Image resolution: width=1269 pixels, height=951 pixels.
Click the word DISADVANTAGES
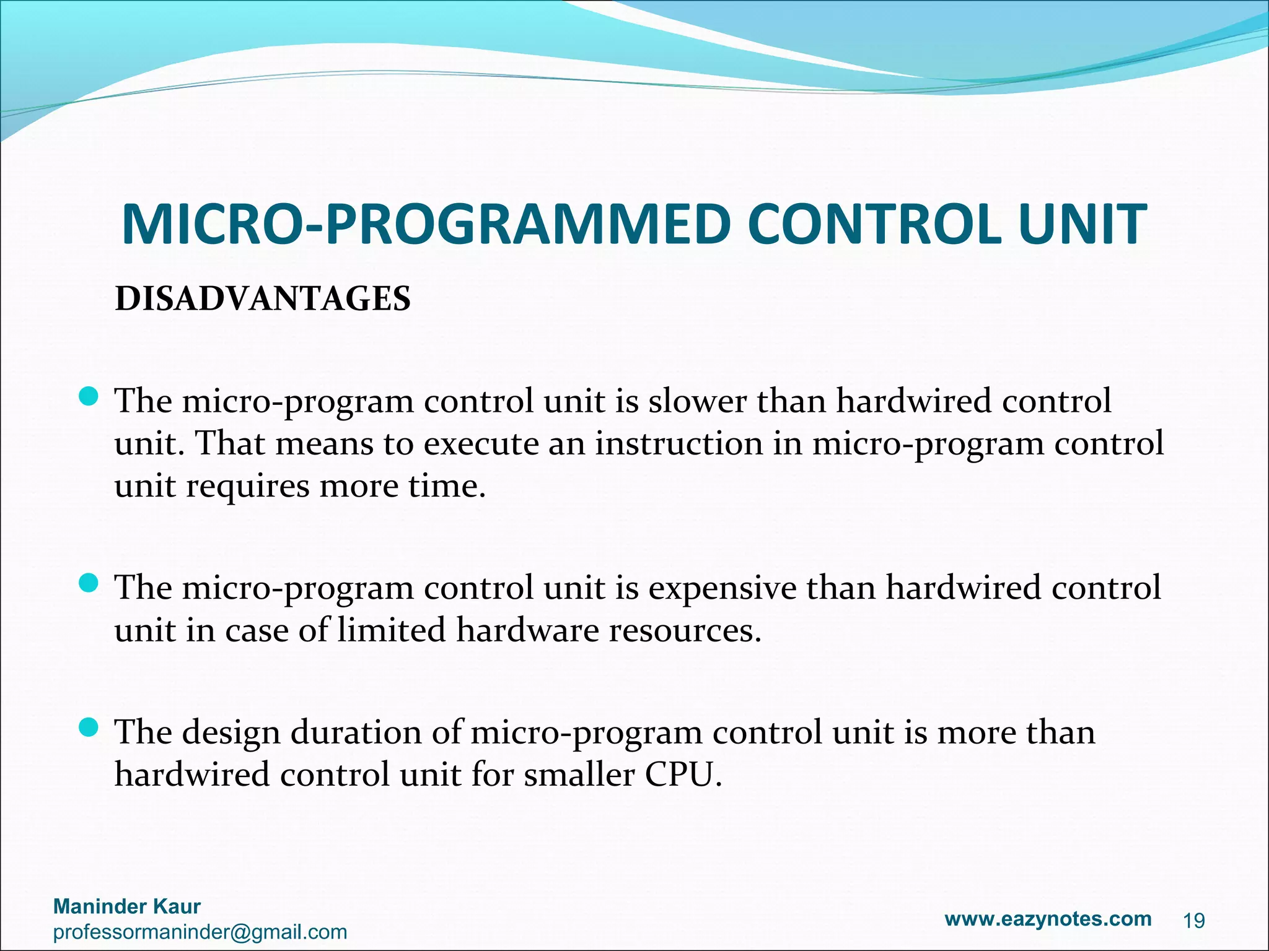[263, 299]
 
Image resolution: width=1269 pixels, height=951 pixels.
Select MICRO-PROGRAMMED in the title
[427, 224]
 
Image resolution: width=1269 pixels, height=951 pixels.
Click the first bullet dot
[89, 396]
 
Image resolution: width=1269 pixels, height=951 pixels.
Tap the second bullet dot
[89, 583]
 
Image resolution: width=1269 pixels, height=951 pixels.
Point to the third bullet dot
[89, 727]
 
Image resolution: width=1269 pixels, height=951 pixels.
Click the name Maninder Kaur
[127, 906]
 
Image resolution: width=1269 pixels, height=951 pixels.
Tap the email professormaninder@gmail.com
[200, 932]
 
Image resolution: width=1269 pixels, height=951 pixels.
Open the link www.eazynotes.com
[1048, 919]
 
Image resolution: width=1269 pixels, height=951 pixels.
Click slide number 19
[1194, 921]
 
